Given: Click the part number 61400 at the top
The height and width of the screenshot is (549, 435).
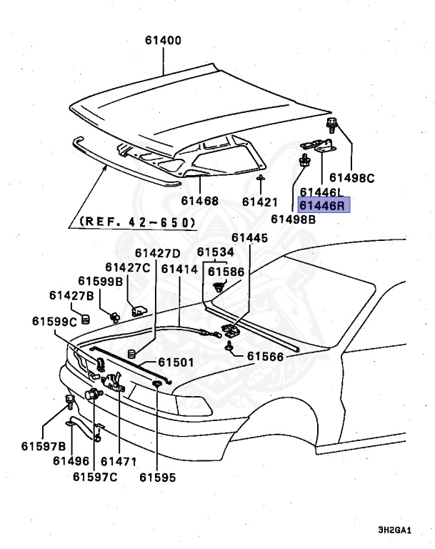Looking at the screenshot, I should tap(164, 41).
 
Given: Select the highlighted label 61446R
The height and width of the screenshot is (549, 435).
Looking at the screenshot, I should tap(322, 206).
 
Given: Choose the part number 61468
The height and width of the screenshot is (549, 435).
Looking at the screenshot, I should tap(199, 202).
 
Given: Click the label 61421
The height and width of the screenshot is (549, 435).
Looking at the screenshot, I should tap(262, 202).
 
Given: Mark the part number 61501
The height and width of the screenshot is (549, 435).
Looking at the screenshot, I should tap(176, 363).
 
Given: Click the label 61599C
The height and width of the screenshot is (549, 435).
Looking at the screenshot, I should tap(54, 321).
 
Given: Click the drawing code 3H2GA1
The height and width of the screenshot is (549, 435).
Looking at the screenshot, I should tap(395, 530).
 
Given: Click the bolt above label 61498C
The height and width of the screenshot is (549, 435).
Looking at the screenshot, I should tap(334, 127).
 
